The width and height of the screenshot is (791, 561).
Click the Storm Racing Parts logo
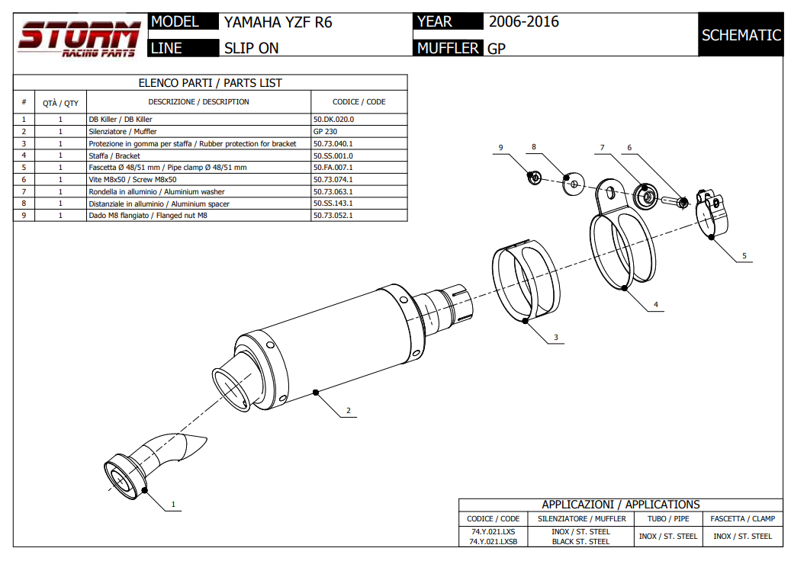(x=79, y=39)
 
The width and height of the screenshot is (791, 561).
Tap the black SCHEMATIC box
(x=741, y=35)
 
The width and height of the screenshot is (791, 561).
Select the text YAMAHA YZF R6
(x=278, y=22)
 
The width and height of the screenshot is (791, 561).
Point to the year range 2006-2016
(x=523, y=22)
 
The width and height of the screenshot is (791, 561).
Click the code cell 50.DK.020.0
(x=333, y=120)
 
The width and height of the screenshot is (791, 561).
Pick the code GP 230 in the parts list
(x=326, y=131)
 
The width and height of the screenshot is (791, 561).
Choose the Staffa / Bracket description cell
(x=114, y=155)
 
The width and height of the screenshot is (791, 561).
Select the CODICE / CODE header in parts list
(x=359, y=102)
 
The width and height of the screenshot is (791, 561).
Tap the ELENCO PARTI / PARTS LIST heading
(x=210, y=83)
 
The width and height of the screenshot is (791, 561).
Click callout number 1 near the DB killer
(x=173, y=504)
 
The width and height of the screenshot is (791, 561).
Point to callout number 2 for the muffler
(x=348, y=411)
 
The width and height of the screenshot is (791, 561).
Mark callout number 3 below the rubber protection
(x=556, y=337)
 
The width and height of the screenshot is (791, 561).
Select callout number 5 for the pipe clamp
(x=744, y=256)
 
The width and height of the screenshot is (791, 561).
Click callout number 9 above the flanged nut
(x=501, y=146)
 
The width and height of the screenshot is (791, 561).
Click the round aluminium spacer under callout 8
(x=572, y=183)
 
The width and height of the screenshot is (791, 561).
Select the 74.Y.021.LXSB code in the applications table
(x=494, y=542)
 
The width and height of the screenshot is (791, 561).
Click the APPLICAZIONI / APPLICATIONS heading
(x=620, y=505)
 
